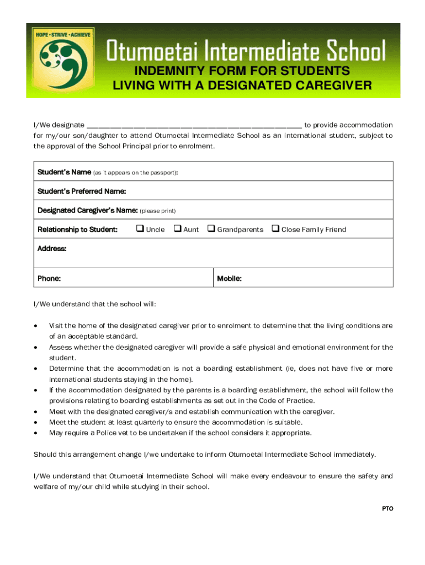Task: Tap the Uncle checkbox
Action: [140, 229]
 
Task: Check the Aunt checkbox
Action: [177, 229]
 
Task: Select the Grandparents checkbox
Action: [211, 229]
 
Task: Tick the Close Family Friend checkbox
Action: [275, 229]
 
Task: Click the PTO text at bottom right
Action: [387, 508]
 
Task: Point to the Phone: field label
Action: [49, 279]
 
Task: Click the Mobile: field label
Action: [229, 279]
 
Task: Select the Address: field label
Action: [52, 249]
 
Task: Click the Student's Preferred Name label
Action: [82, 191]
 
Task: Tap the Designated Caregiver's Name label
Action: [87, 210]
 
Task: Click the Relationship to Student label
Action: [77, 230]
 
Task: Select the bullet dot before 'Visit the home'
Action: [36, 326]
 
